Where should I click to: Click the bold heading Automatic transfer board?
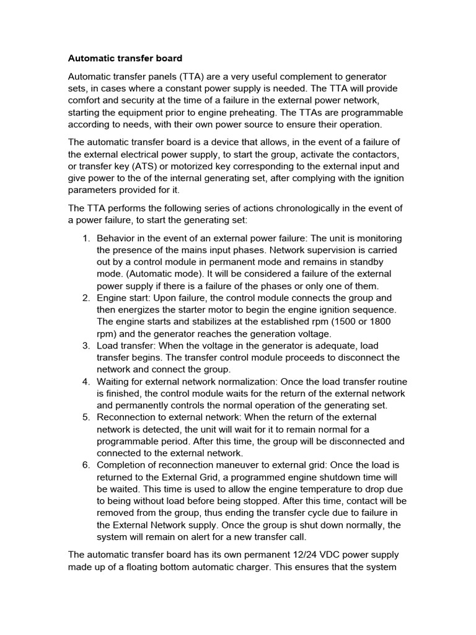click(x=125, y=58)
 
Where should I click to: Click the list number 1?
click(x=86, y=239)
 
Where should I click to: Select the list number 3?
click(x=86, y=345)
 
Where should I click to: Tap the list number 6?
click(x=86, y=464)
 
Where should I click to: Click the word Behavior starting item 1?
click(x=118, y=239)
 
